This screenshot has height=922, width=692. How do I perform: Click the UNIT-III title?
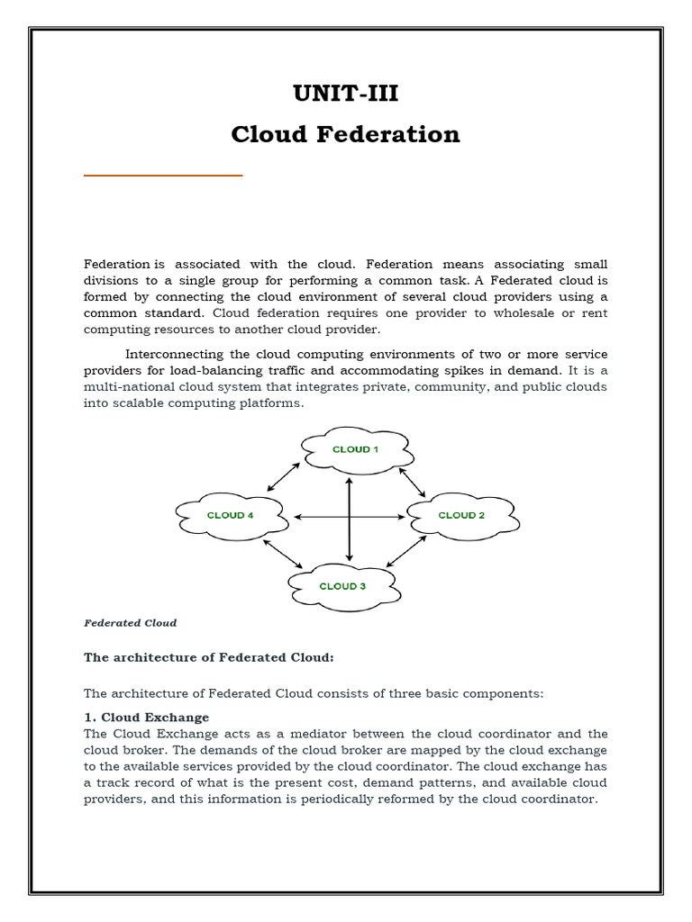pos(345,95)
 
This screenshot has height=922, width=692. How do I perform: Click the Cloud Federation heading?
pos(345,135)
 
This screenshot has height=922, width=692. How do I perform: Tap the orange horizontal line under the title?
pos(163,176)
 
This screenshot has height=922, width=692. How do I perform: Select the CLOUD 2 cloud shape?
pos(461,515)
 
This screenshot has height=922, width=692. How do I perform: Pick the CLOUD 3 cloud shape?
pos(343,585)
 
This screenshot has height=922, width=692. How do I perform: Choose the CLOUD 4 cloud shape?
pos(231,515)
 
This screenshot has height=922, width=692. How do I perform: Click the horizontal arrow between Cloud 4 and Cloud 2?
pos(350,517)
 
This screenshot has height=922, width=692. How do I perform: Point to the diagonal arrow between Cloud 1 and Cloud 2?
pos(412,483)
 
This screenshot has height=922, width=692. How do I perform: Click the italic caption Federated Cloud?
pos(130,622)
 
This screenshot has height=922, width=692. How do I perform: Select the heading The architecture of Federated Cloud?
pos(208,657)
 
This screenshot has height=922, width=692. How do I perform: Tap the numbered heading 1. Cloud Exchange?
pos(146,717)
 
